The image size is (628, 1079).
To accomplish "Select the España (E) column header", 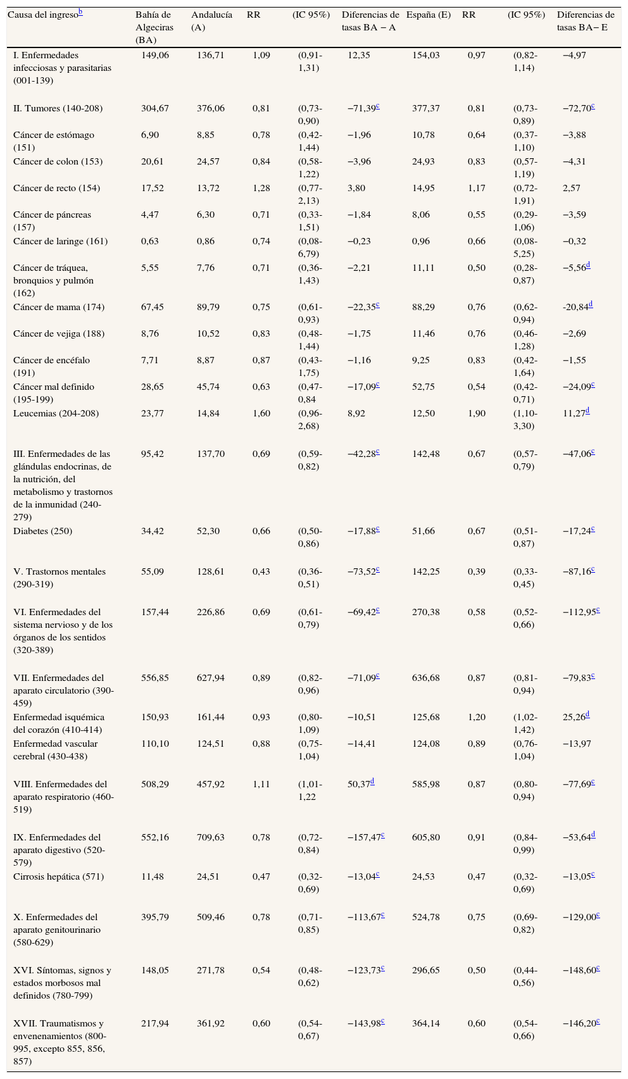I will [428, 15].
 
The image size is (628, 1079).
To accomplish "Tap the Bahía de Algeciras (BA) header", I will [154, 27].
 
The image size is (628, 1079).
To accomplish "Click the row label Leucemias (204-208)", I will [56, 414].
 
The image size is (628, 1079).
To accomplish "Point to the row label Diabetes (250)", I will [42, 532].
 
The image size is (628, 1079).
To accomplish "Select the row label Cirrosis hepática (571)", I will [58, 877].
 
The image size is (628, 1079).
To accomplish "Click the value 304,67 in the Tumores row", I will [154, 109].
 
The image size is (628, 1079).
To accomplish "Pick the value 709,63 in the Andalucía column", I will [210, 838].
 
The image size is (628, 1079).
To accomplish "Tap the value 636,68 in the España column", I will [425, 678].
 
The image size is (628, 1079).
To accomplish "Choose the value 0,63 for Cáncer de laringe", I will [149, 242].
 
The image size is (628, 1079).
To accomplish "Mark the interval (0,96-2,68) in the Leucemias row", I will [310, 420].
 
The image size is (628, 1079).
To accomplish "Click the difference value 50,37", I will [358, 785].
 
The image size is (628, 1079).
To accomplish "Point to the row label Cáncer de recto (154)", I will [56, 189].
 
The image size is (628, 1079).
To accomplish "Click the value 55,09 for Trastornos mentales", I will [152, 572].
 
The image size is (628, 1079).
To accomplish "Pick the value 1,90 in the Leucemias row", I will [476, 414].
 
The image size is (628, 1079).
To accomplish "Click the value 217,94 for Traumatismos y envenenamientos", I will [154, 1024].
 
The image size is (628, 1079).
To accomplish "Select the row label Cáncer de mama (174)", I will [58, 308].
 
